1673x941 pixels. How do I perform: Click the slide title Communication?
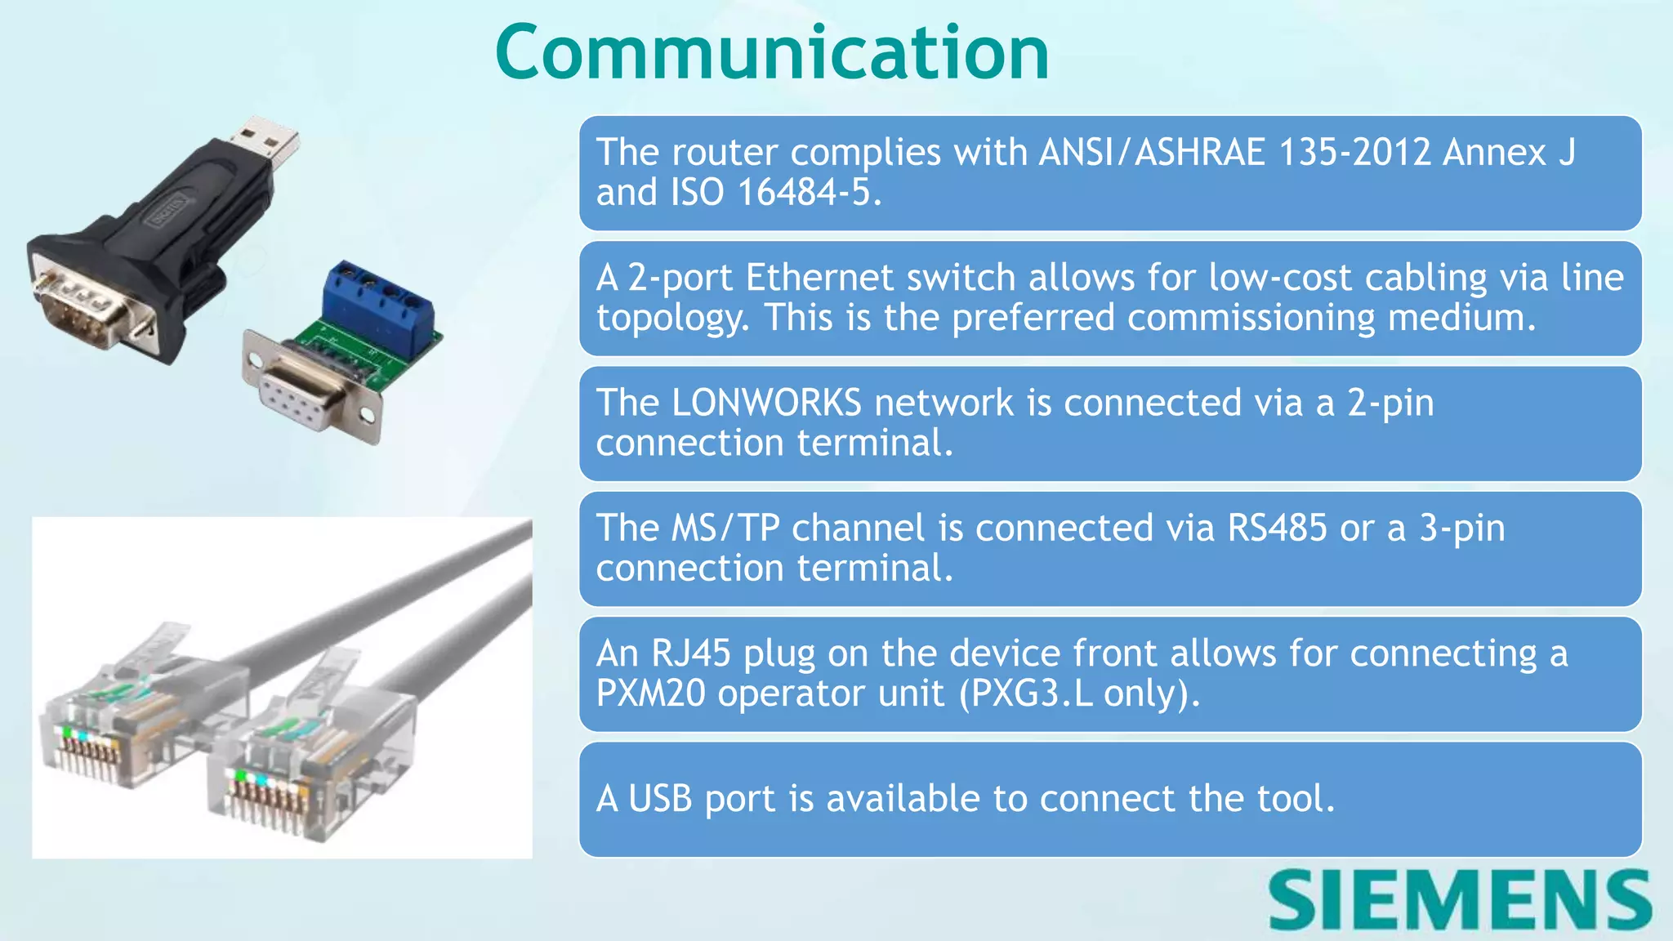(772, 53)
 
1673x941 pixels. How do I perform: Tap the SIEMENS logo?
(1460, 899)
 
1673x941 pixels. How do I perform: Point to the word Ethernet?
(819, 278)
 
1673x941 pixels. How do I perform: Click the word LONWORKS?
(765, 404)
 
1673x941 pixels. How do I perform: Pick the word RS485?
(1277, 528)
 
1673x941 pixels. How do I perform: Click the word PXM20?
(650, 693)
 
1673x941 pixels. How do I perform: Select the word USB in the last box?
(659, 799)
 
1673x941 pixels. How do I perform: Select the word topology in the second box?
(671, 319)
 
